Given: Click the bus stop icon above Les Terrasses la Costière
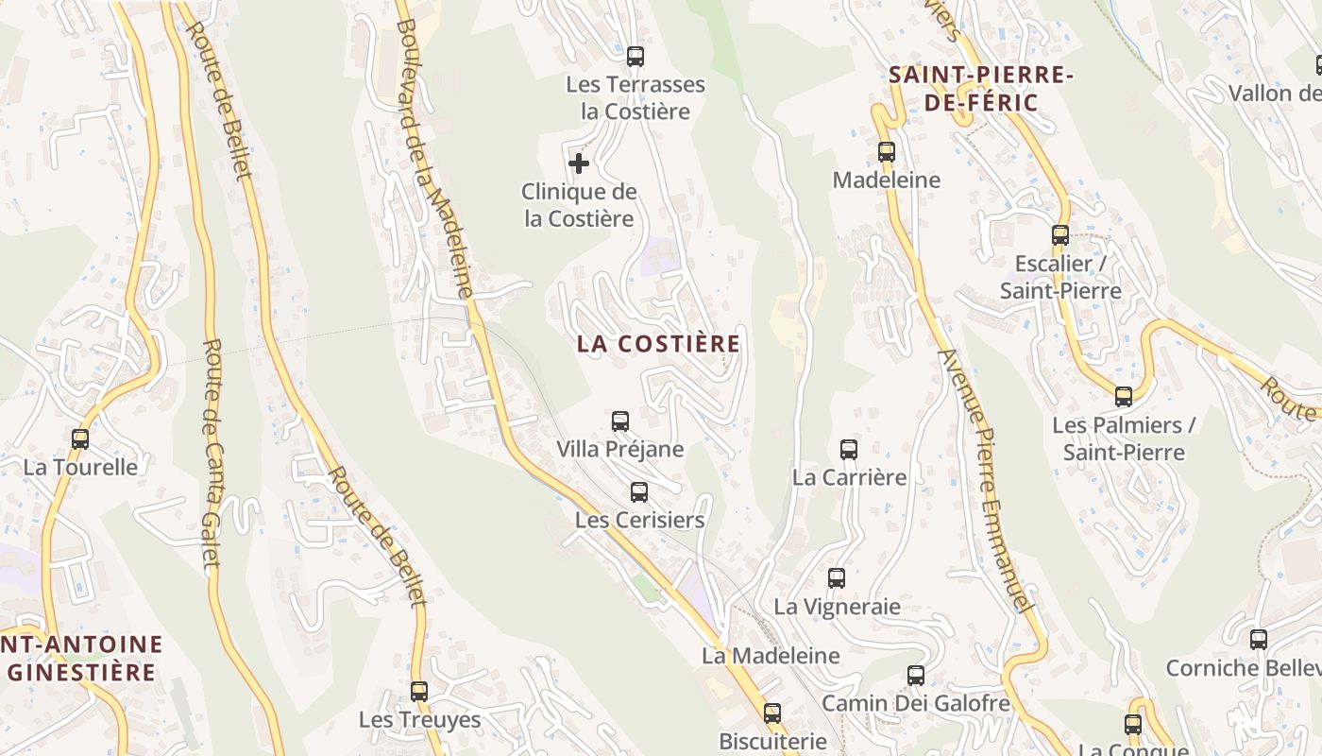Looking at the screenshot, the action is click(x=636, y=56).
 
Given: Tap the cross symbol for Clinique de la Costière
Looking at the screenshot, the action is click(x=579, y=163).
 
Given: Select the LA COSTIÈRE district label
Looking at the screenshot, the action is click(x=658, y=344).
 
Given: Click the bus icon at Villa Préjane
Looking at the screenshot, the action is click(x=620, y=421).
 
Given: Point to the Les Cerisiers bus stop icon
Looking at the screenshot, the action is click(x=639, y=491).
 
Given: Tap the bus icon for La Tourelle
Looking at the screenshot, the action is click(x=80, y=438).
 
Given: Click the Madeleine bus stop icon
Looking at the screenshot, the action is click(x=886, y=151).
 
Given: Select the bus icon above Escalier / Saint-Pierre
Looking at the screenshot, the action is click(x=1060, y=234).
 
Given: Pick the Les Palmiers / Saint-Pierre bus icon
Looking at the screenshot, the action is click(x=1124, y=396).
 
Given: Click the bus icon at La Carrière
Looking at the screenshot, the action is click(x=849, y=449).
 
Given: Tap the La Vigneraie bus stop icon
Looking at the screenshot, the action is click(x=837, y=577).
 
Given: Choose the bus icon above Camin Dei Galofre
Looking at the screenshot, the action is click(x=916, y=675).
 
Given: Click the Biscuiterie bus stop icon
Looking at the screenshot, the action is click(x=772, y=713).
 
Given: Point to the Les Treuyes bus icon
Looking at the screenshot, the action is click(x=419, y=691).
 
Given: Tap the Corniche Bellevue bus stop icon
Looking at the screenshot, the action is click(x=1259, y=639).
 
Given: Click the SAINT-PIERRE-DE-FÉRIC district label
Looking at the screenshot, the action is click(x=981, y=89).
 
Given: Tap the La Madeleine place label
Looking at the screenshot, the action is click(x=771, y=655).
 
